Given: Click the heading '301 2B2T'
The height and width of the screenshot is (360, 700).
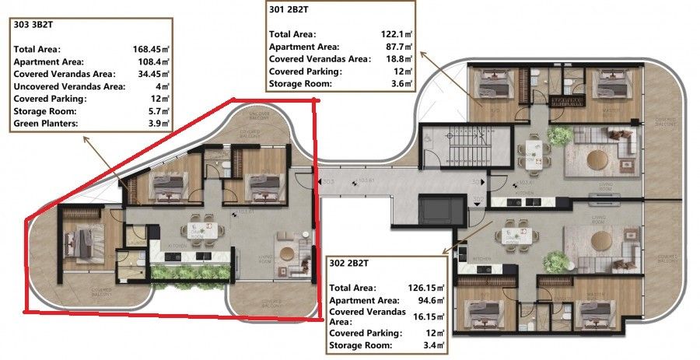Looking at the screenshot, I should pos(289,10).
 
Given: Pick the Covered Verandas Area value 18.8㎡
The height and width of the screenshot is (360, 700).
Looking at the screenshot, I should pos(400,59).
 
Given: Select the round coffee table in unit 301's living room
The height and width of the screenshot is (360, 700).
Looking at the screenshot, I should pos(599,161).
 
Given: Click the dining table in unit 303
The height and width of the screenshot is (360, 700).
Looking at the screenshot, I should pos(198,231).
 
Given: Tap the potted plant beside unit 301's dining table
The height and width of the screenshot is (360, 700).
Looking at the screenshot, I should pos(558,137).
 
